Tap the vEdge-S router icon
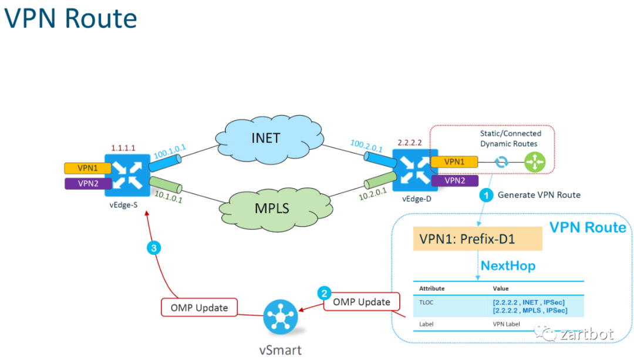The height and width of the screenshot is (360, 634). [x=124, y=174]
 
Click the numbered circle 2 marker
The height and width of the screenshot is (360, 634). [x=323, y=292]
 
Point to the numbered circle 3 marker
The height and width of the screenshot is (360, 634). [x=153, y=248]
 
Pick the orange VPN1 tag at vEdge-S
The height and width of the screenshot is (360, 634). [x=83, y=168]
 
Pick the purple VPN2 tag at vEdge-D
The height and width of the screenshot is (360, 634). [x=454, y=180]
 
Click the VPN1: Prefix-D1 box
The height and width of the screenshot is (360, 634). [x=477, y=239]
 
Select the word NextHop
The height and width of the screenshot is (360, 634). [x=508, y=266]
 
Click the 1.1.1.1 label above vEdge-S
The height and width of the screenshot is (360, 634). [x=123, y=149]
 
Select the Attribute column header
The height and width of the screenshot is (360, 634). [x=431, y=288]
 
